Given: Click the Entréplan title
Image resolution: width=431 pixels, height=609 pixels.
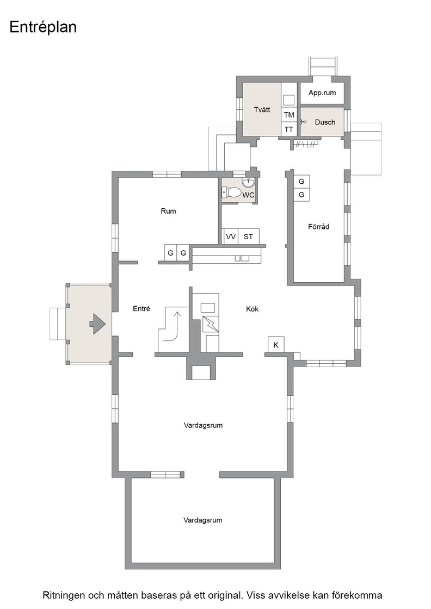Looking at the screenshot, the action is tap(43, 28).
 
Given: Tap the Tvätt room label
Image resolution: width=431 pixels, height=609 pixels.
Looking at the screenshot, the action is tap(262, 109).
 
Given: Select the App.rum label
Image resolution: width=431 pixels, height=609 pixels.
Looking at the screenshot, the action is tap(322, 93).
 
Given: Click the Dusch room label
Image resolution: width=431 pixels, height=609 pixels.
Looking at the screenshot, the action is tap(325, 122).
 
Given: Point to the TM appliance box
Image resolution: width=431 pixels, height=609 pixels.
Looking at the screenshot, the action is tap(289, 115).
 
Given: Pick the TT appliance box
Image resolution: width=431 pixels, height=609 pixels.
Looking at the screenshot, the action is tap(289, 129).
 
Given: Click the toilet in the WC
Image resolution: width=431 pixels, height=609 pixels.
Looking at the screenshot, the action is tap(231, 192).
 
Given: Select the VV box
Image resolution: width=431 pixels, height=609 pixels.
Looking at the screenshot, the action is tap(230, 237).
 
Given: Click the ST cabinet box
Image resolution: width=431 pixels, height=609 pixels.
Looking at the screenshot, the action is tap(248, 237).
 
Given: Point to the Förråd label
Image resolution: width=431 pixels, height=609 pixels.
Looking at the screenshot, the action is tap(319, 226).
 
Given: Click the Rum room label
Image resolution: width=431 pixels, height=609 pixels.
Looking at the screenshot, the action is tap(168, 211).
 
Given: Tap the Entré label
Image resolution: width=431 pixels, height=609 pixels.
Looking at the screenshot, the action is tap(141, 308).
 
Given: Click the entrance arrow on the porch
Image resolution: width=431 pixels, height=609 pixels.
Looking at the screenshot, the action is tap(97, 323).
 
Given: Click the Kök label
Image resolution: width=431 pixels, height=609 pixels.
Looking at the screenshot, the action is tap(252, 309).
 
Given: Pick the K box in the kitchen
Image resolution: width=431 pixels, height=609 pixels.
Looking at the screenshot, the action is tap(276, 345).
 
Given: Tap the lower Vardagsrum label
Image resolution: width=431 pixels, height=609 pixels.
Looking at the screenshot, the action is tap(203, 520).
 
